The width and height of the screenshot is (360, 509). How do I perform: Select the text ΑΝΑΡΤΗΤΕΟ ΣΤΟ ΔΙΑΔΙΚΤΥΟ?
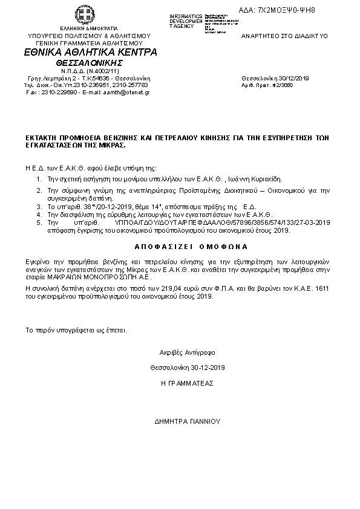pyautogui.click(x=284, y=36)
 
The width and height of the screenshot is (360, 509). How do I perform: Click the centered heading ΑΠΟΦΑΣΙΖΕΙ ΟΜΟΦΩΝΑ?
pyautogui.click(x=179, y=247)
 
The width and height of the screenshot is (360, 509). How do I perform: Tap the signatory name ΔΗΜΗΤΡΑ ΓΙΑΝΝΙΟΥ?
pyautogui.click(x=188, y=421)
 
